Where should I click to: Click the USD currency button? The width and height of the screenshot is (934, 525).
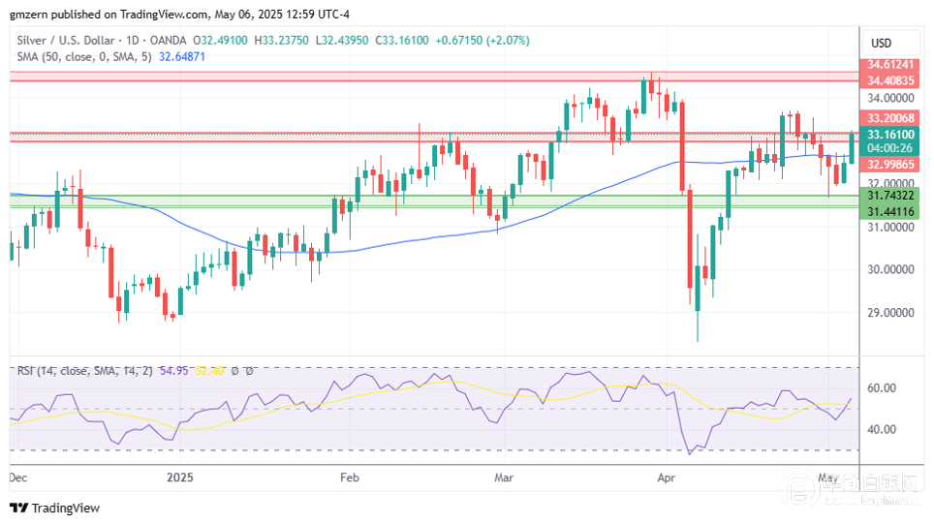tap(882, 43)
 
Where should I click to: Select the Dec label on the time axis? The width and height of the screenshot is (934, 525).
tap(18, 478)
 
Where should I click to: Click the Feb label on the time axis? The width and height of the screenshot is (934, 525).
tap(350, 478)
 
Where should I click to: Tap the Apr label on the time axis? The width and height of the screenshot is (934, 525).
tap(666, 478)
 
